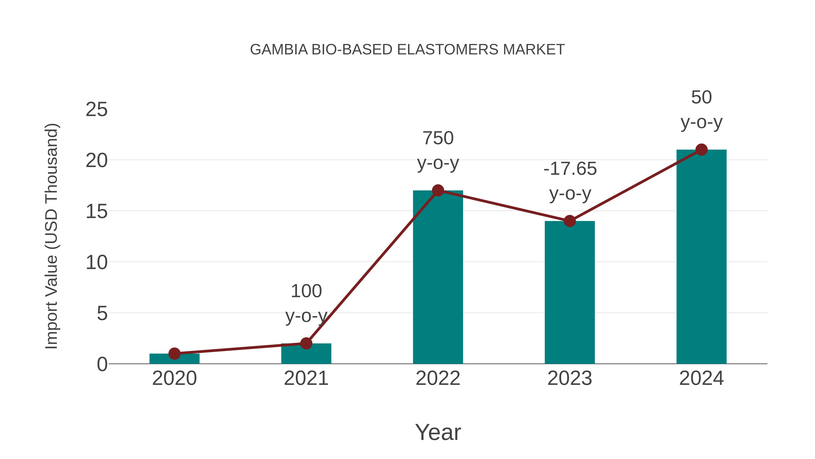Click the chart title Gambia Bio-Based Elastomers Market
tap(407, 49)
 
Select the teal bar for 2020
tap(174, 359)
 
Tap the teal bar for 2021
tap(306, 355)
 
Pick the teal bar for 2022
tap(438, 279)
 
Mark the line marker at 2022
tap(438, 190)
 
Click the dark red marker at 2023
tap(570, 221)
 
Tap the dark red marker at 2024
tap(701, 150)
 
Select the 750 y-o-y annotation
tap(438, 151)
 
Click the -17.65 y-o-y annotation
tap(570, 181)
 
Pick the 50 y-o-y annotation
tap(701, 110)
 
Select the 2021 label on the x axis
tap(306, 378)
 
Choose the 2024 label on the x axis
tap(701, 378)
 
